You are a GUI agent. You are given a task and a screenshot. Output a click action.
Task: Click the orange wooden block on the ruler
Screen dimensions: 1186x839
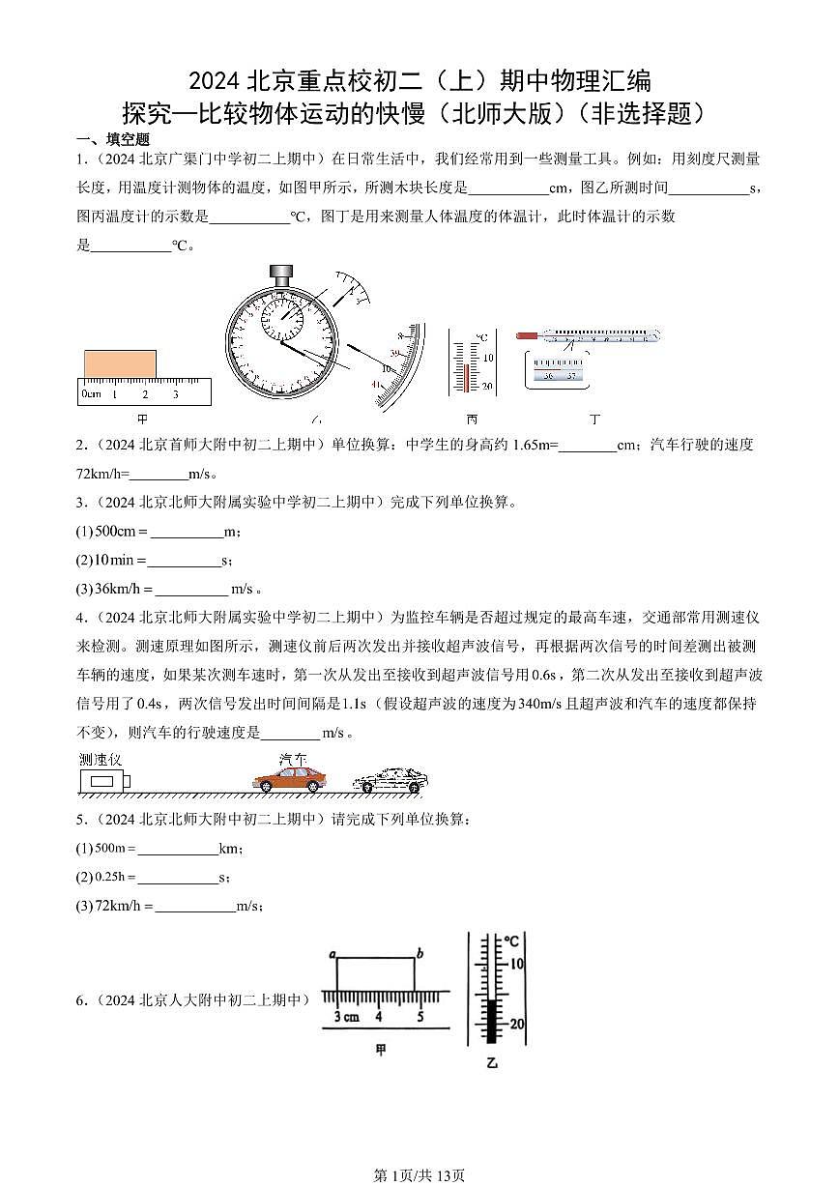tap(120, 364)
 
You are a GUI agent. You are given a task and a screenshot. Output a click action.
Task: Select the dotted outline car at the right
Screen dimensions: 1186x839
tap(388, 780)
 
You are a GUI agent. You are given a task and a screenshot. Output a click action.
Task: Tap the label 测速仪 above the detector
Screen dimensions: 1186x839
tap(100, 759)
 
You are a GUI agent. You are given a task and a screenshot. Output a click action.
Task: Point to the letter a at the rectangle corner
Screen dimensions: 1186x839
tap(332, 955)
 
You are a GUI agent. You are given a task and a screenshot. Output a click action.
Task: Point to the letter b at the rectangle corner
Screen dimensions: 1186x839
tap(419, 955)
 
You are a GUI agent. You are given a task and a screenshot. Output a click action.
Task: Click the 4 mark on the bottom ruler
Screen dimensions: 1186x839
tap(378, 1016)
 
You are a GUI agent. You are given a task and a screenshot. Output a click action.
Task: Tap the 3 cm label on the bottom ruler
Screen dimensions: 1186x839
tap(346, 1016)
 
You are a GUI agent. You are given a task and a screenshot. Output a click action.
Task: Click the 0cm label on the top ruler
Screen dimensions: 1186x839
tap(91, 394)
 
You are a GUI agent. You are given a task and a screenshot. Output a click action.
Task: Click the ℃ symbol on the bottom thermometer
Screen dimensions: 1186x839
tap(511, 940)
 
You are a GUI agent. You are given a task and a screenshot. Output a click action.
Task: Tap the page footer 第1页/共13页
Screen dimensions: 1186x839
tap(419, 1174)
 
